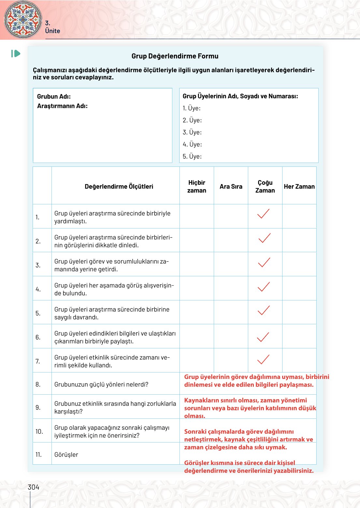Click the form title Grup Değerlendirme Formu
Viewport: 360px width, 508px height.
click(x=175, y=56)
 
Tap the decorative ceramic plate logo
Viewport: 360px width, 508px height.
click(x=23, y=20)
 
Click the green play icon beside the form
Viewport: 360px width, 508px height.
click(x=16, y=53)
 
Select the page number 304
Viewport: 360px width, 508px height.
click(x=33, y=487)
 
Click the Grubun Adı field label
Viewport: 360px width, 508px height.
click(x=54, y=96)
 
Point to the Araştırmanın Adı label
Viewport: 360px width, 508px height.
click(x=62, y=106)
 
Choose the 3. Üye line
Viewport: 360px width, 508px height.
click(x=192, y=132)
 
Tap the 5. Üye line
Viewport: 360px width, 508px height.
click(x=192, y=156)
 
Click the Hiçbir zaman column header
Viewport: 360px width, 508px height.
click(x=196, y=186)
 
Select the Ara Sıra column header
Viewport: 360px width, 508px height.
click(x=231, y=187)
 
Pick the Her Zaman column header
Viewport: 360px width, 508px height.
click(x=299, y=187)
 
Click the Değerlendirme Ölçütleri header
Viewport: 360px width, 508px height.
click(x=119, y=187)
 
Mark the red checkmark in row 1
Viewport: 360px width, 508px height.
click(x=263, y=214)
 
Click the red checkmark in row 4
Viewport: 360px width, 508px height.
click(x=264, y=287)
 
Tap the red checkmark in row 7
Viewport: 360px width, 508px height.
click(x=263, y=359)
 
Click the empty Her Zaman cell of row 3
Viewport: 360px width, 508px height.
click(x=299, y=264)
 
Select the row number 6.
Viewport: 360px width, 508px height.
click(x=38, y=337)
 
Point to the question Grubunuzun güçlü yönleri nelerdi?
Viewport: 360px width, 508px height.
click(x=101, y=385)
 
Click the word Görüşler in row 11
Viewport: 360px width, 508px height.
click(x=66, y=455)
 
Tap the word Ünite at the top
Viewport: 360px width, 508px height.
click(x=52, y=31)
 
